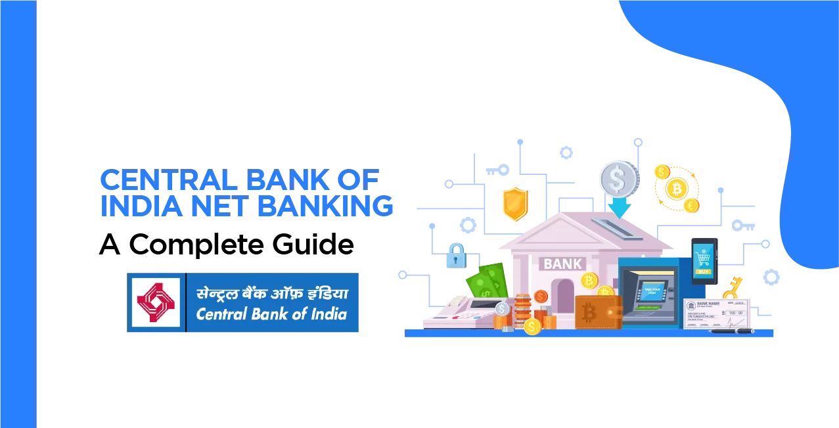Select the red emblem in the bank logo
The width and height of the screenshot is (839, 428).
point(156,302)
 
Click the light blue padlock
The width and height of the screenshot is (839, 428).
point(455,255)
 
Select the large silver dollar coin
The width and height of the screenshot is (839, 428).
point(618,178)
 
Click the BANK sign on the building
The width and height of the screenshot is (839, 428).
point(562,264)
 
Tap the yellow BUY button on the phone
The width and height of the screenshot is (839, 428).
point(703,272)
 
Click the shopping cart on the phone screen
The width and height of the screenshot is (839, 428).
point(703,255)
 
